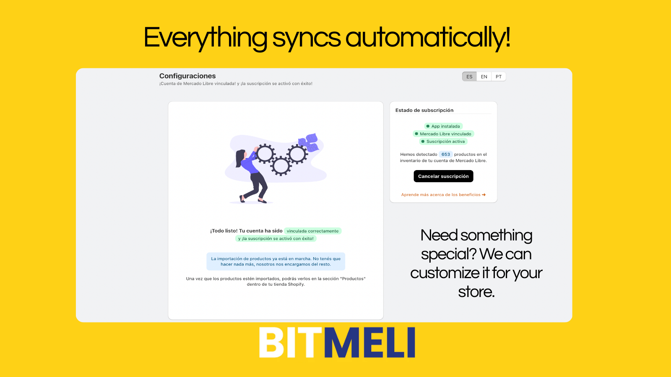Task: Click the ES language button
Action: (x=469, y=77)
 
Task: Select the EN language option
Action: (x=484, y=77)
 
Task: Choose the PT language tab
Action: (x=499, y=77)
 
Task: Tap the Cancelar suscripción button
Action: (x=443, y=176)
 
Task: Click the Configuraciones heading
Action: (x=187, y=76)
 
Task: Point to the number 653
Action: (x=445, y=155)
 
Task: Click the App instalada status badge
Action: (x=443, y=126)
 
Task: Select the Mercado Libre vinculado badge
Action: (x=443, y=134)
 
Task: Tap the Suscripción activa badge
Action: (x=443, y=142)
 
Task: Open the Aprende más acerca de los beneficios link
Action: (x=443, y=195)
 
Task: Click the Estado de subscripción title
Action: (x=424, y=110)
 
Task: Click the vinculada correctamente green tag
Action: (x=313, y=231)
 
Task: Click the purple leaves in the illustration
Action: (x=309, y=142)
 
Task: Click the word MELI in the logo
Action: (x=370, y=343)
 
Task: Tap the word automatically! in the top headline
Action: (x=428, y=38)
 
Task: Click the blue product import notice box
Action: (x=276, y=261)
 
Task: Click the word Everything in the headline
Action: (x=205, y=38)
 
